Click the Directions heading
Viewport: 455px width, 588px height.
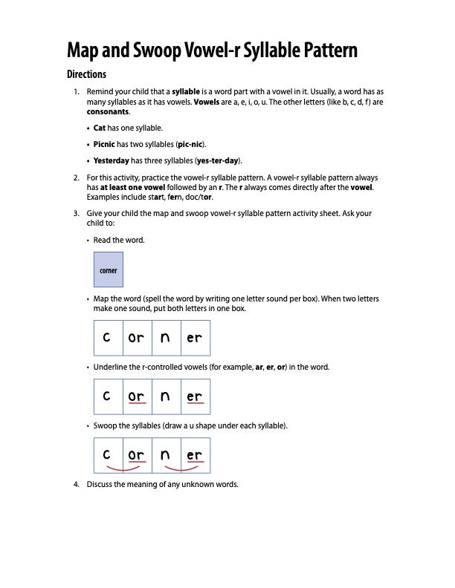[86, 74]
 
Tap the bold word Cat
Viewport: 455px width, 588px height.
[100, 128]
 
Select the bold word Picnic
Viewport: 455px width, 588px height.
[105, 144]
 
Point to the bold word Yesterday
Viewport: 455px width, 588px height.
[112, 160]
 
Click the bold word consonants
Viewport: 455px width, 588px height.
[108, 111]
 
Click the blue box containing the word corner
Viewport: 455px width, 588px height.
[108, 270]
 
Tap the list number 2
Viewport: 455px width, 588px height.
[76, 178]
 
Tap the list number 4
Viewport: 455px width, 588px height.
[76, 484]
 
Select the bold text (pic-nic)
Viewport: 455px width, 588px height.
[191, 144]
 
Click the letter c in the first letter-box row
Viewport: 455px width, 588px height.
[108, 337]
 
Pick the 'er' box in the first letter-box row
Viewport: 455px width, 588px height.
[195, 337]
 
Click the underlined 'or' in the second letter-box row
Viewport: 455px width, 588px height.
[136, 396]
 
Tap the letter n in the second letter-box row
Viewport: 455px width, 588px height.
[165, 396]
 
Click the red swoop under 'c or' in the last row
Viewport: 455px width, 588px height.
[123, 469]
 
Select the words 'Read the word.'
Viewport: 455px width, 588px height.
[119, 240]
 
